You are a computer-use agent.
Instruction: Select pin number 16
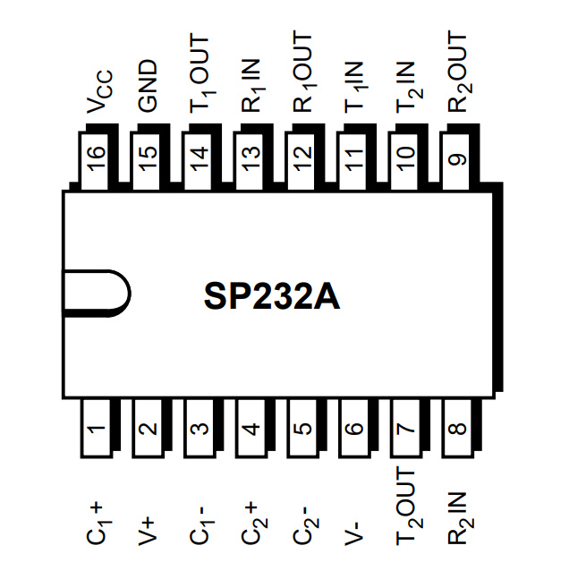97,161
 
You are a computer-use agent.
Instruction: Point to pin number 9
459,161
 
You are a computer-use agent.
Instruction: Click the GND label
148,87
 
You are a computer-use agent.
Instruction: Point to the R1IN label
252,82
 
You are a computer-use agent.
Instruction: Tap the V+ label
148,529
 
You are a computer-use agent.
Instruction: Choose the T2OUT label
407,507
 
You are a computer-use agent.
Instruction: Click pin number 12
304,161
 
